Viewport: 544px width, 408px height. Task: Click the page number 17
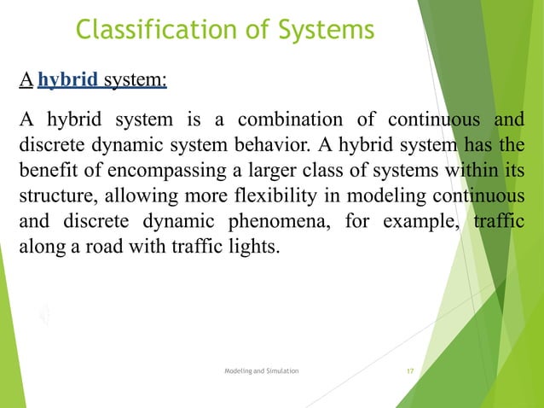(410, 373)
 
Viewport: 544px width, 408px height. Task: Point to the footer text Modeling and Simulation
(261, 373)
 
